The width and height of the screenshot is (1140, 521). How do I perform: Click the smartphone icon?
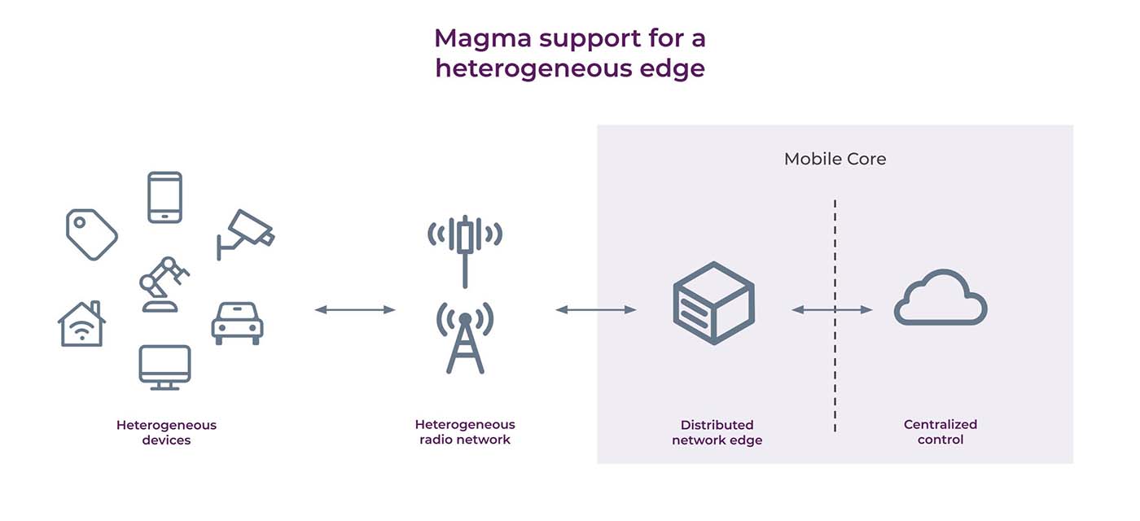[x=164, y=197]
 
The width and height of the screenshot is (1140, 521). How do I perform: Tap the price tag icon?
[x=91, y=234]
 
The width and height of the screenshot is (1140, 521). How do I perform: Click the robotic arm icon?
[x=163, y=285]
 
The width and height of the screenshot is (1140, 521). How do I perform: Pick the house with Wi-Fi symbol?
[x=81, y=324]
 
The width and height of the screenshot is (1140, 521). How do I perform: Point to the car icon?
[x=237, y=322]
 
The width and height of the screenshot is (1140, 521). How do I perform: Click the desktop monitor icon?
[x=164, y=367]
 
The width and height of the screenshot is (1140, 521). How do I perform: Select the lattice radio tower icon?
[x=465, y=338]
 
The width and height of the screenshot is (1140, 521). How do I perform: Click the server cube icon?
[x=713, y=303]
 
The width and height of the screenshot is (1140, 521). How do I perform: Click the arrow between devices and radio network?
[x=355, y=309]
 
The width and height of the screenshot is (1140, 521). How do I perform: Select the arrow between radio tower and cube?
[x=596, y=309]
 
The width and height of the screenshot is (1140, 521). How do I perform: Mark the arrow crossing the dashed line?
[x=832, y=309]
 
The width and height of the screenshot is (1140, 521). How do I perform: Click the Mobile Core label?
[x=835, y=159]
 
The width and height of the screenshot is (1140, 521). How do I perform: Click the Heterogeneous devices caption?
[x=166, y=432]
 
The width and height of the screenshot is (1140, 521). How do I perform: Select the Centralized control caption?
[x=940, y=432]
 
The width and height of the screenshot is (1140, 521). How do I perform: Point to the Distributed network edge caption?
[x=717, y=432]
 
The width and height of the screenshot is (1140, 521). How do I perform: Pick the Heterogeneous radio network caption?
[x=465, y=432]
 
